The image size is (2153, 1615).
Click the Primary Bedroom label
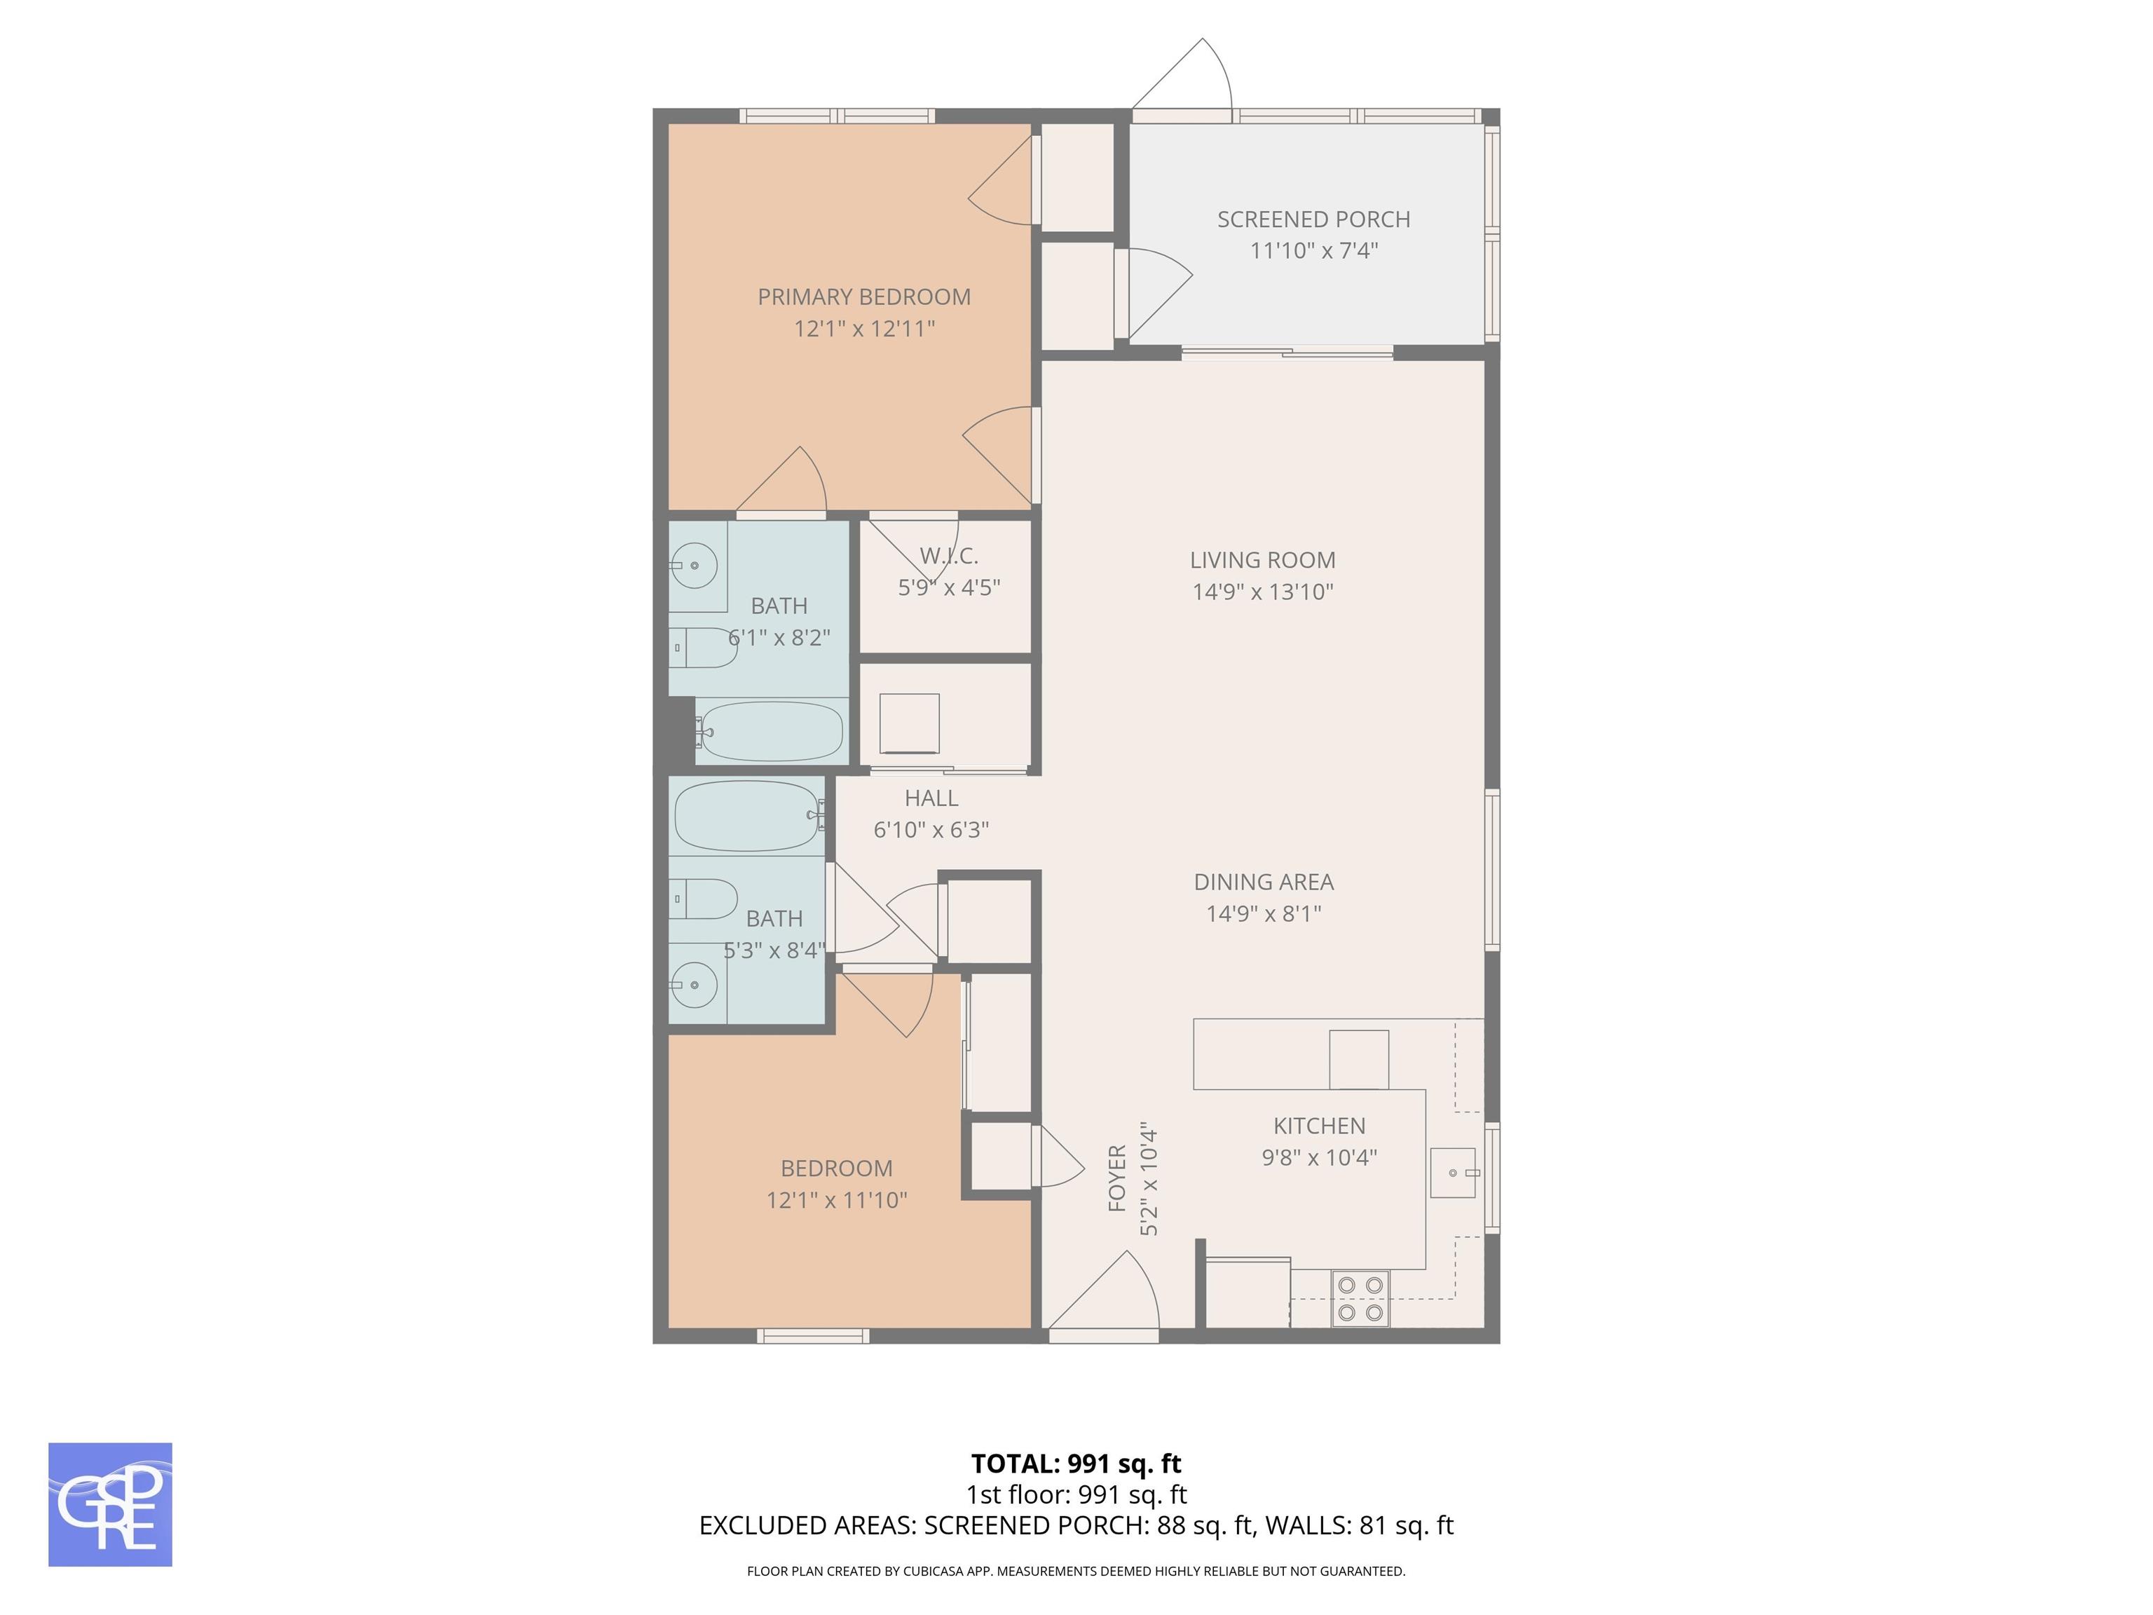click(x=864, y=297)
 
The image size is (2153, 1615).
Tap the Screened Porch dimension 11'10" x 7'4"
click(x=1313, y=251)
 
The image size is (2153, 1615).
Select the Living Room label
click(x=1262, y=560)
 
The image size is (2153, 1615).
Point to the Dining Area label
click(x=1264, y=882)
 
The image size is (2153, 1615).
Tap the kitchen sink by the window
click(x=1452, y=1172)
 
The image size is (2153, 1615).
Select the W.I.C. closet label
click(x=948, y=556)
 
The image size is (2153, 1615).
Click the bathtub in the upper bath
click(x=771, y=731)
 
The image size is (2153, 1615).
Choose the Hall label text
click(x=931, y=798)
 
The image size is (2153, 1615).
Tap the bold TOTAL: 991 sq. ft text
click(x=1076, y=1463)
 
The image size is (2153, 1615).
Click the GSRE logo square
click(x=110, y=1504)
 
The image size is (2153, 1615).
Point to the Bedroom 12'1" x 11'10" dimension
click(x=836, y=1200)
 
